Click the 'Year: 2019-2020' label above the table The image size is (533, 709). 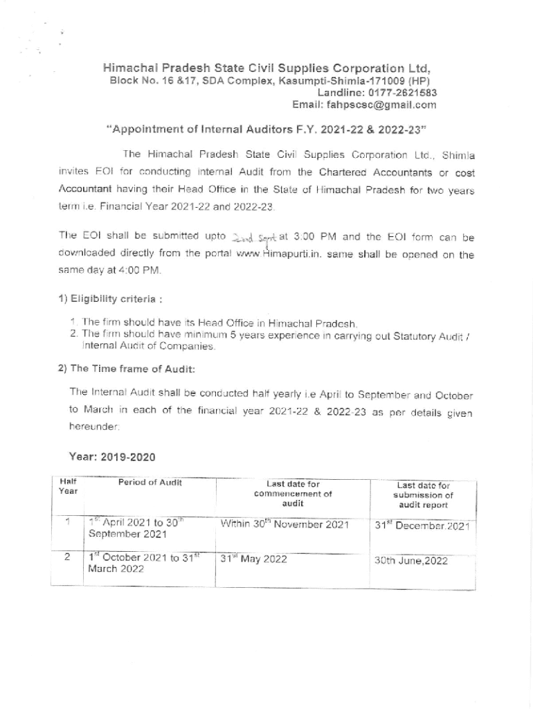[x=112, y=457]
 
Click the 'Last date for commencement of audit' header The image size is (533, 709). [x=293, y=494]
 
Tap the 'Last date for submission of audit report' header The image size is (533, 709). [x=423, y=496]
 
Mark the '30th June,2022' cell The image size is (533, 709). [x=411, y=561]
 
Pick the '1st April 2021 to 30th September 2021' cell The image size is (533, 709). [x=138, y=529]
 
